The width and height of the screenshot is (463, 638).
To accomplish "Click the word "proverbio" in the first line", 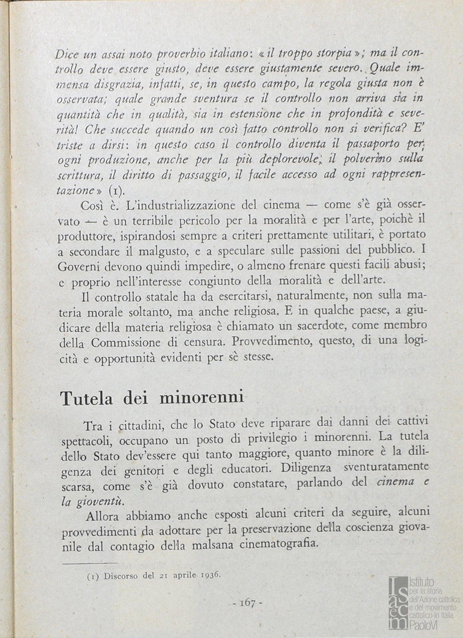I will [200, 53].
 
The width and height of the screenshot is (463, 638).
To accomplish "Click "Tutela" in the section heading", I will [86, 398].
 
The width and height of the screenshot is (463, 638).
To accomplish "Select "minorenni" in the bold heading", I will [202, 398].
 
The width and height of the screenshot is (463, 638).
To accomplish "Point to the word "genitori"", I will [145, 471].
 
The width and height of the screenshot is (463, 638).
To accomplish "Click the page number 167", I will [247, 603].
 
